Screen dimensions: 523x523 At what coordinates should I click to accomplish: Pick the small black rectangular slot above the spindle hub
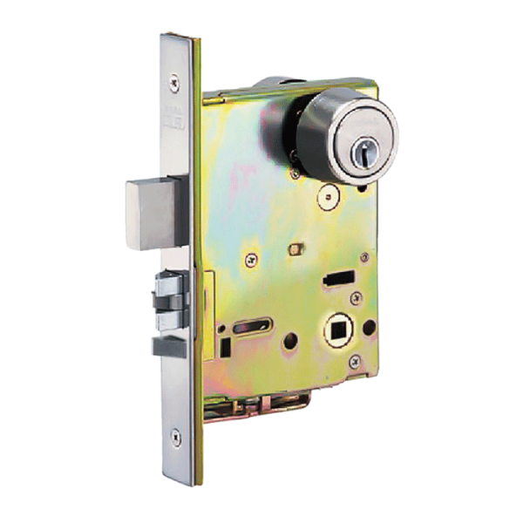click(336, 279)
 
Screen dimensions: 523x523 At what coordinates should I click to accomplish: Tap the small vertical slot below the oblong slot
click(226, 347)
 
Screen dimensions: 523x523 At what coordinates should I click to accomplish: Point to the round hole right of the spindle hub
click(369, 329)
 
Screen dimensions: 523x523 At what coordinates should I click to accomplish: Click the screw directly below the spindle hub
click(353, 360)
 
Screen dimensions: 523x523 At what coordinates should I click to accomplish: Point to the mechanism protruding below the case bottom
click(261, 404)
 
